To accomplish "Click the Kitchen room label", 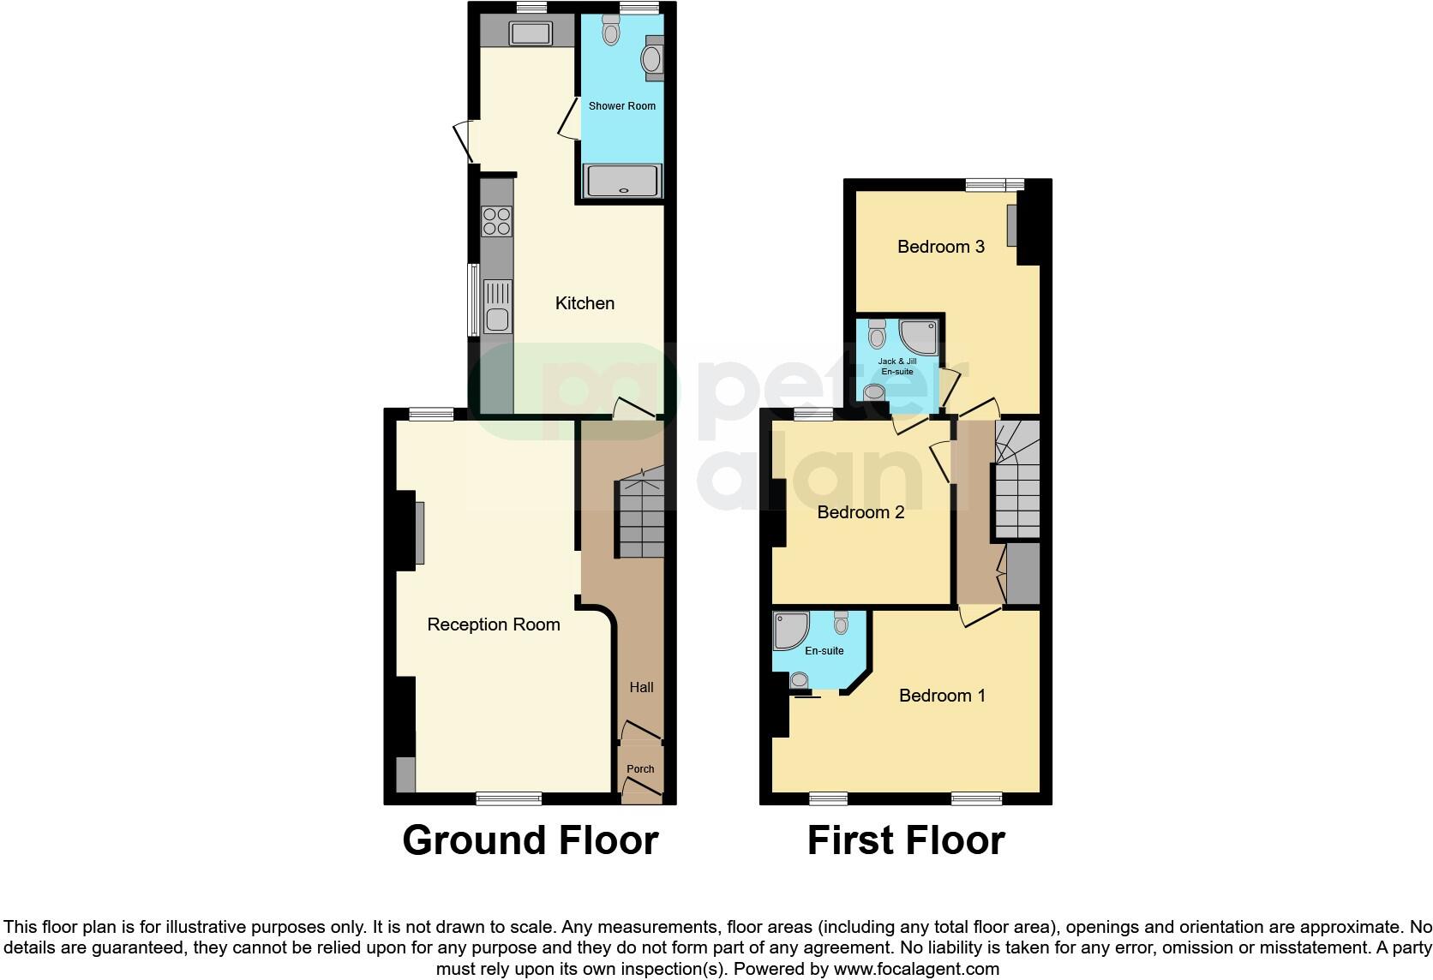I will (x=585, y=303).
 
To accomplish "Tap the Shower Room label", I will (x=621, y=106).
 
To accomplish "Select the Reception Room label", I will (x=494, y=625).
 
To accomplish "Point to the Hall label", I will (x=641, y=687).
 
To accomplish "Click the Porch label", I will (x=640, y=769).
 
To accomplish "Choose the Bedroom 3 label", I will (x=940, y=247).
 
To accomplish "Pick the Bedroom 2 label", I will (x=860, y=512).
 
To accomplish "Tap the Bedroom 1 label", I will (x=942, y=696).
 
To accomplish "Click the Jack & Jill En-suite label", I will (x=896, y=367).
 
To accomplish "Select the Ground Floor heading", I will (x=530, y=840).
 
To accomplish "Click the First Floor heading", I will (x=906, y=840).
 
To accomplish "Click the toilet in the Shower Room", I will (x=611, y=32).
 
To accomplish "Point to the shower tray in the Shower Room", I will (x=623, y=181).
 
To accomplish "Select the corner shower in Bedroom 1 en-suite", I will (x=790, y=630).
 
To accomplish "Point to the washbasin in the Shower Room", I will (x=651, y=58).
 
